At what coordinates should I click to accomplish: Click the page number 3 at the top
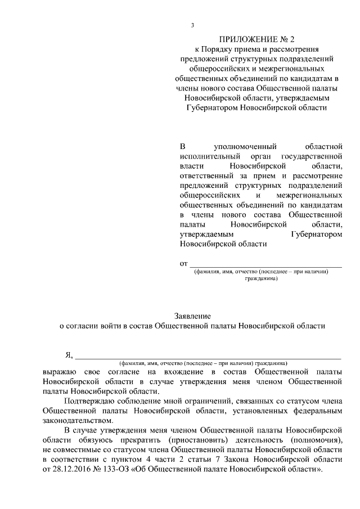click(x=192, y=25)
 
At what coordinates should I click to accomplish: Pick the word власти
click(x=191, y=166)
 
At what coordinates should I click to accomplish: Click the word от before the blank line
click(x=183, y=263)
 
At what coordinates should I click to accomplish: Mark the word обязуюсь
click(x=94, y=440)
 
